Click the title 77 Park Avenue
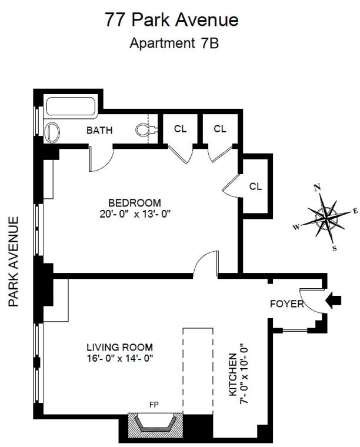[x=172, y=19]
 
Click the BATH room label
[x=99, y=130]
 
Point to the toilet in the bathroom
[x=143, y=130]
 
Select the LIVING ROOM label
[x=120, y=347]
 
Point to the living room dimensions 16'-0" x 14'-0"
[x=120, y=358]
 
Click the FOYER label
[x=286, y=304]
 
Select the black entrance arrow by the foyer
[x=334, y=301]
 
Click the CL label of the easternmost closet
[x=255, y=186]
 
